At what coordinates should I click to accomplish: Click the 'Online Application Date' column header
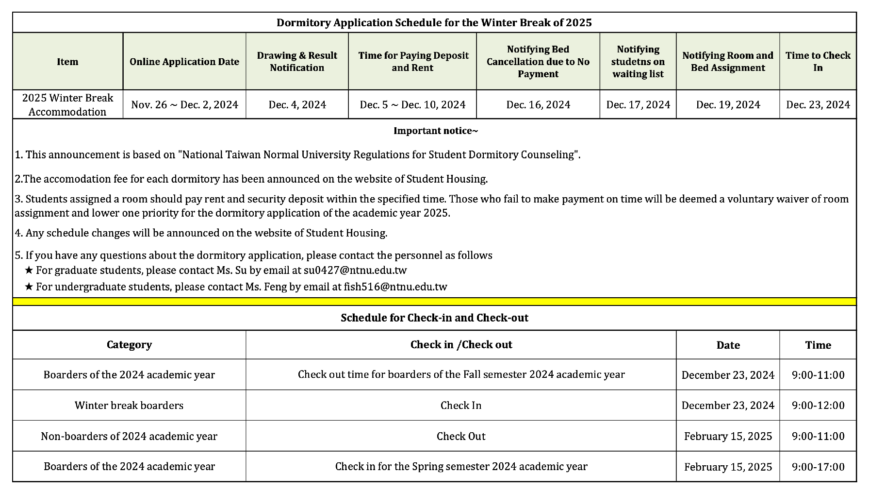(184, 62)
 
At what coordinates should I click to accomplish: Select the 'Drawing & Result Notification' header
(297, 62)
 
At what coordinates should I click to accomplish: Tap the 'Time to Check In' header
(818, 62)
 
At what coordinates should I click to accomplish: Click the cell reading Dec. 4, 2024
(297, 104)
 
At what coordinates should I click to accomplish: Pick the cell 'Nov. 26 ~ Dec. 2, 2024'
(184, 104)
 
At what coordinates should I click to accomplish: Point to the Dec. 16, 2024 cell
(538, 104)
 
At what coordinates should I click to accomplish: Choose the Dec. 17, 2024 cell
(638, 104)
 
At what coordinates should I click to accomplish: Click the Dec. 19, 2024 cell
(728, 104)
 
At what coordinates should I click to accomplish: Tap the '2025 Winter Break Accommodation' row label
(67, 104)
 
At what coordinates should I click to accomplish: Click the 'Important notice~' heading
(435, 131)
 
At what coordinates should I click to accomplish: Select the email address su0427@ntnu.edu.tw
(355, 270)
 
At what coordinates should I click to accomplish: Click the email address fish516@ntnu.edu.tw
(395, 287)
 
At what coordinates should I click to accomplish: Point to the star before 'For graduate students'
(29, 270)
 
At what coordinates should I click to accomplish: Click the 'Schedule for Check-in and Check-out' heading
(434, 318)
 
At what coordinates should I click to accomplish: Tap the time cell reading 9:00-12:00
(818, 405)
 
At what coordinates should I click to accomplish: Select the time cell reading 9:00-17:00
(818, 467)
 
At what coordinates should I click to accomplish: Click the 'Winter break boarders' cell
(129, 405)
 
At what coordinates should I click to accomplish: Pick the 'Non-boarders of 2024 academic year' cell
(129, 436)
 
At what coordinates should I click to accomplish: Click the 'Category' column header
(129, 345)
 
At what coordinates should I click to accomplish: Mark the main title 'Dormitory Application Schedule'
(434, 22)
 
